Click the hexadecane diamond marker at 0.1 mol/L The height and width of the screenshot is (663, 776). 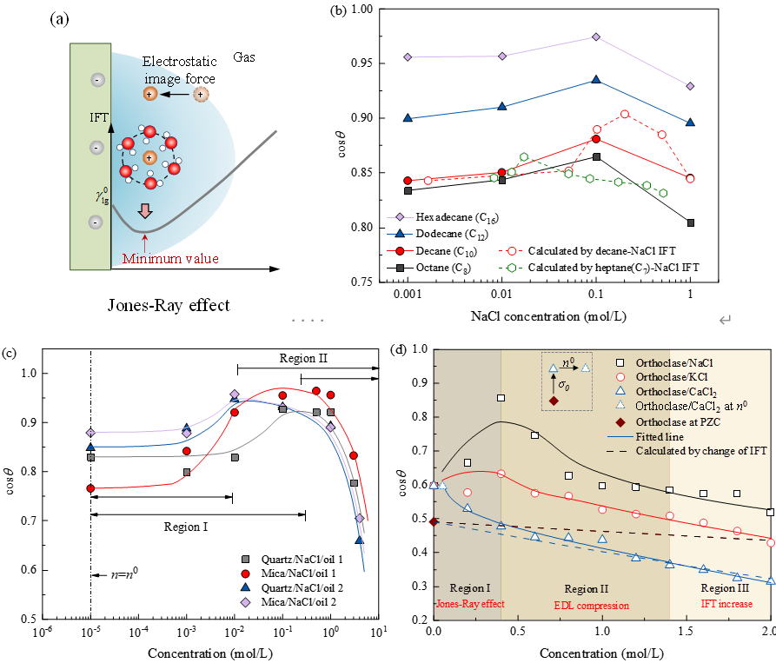(x=596, y=36)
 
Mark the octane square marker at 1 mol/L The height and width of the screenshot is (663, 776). (x=691, y=222)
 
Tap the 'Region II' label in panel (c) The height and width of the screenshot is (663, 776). (x=304, y=358)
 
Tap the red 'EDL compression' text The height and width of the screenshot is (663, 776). (x=593, y=604)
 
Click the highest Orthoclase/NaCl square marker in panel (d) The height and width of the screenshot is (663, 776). (x=501, y=398)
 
